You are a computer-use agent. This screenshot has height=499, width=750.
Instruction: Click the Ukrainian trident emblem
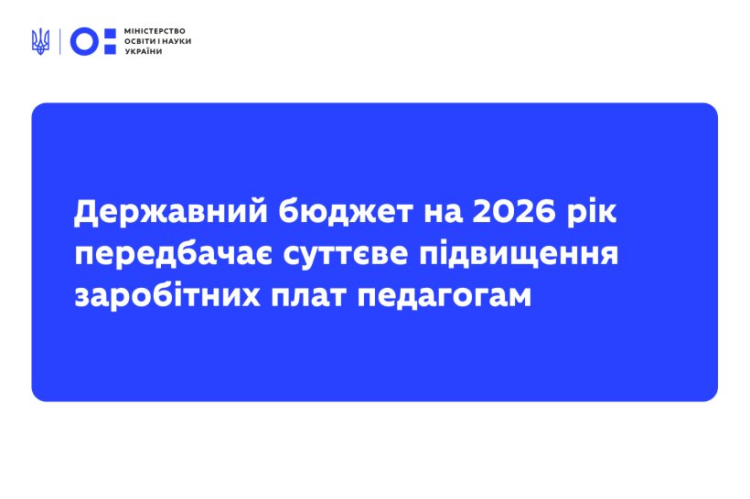[x=40, y=41]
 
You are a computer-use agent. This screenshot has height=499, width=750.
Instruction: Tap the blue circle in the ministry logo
[x=84, y=42]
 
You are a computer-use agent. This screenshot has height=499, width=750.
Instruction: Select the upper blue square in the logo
[x=110, y=34]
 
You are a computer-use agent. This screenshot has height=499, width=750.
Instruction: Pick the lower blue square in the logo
[x=110, y=48]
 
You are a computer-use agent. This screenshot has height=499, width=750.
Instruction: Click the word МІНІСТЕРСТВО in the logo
[x=155, y=31]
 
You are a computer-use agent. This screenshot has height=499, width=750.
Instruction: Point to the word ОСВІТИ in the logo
[x=140, y=42]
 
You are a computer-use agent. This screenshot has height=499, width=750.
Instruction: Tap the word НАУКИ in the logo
[x=177, y=42]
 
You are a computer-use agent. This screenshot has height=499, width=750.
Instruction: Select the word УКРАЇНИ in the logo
[x=144, y=51]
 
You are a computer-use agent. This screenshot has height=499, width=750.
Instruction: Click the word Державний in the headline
[x=171, y=212]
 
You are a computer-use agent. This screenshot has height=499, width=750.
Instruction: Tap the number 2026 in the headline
[x=514, y=212]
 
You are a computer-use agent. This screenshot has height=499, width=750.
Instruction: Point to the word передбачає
[x=174, y=254]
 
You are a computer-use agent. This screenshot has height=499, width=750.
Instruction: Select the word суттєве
[x=346, y=254]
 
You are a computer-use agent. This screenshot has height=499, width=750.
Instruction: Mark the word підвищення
[x=519, y=255]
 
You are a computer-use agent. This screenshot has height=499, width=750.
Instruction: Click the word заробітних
[x=167, y=296]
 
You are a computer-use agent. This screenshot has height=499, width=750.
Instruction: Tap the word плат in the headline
[x=308, y=296]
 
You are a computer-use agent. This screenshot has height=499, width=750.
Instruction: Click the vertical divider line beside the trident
[x=59, y=42]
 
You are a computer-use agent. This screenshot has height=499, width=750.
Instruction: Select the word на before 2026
[x=443, y=214]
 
